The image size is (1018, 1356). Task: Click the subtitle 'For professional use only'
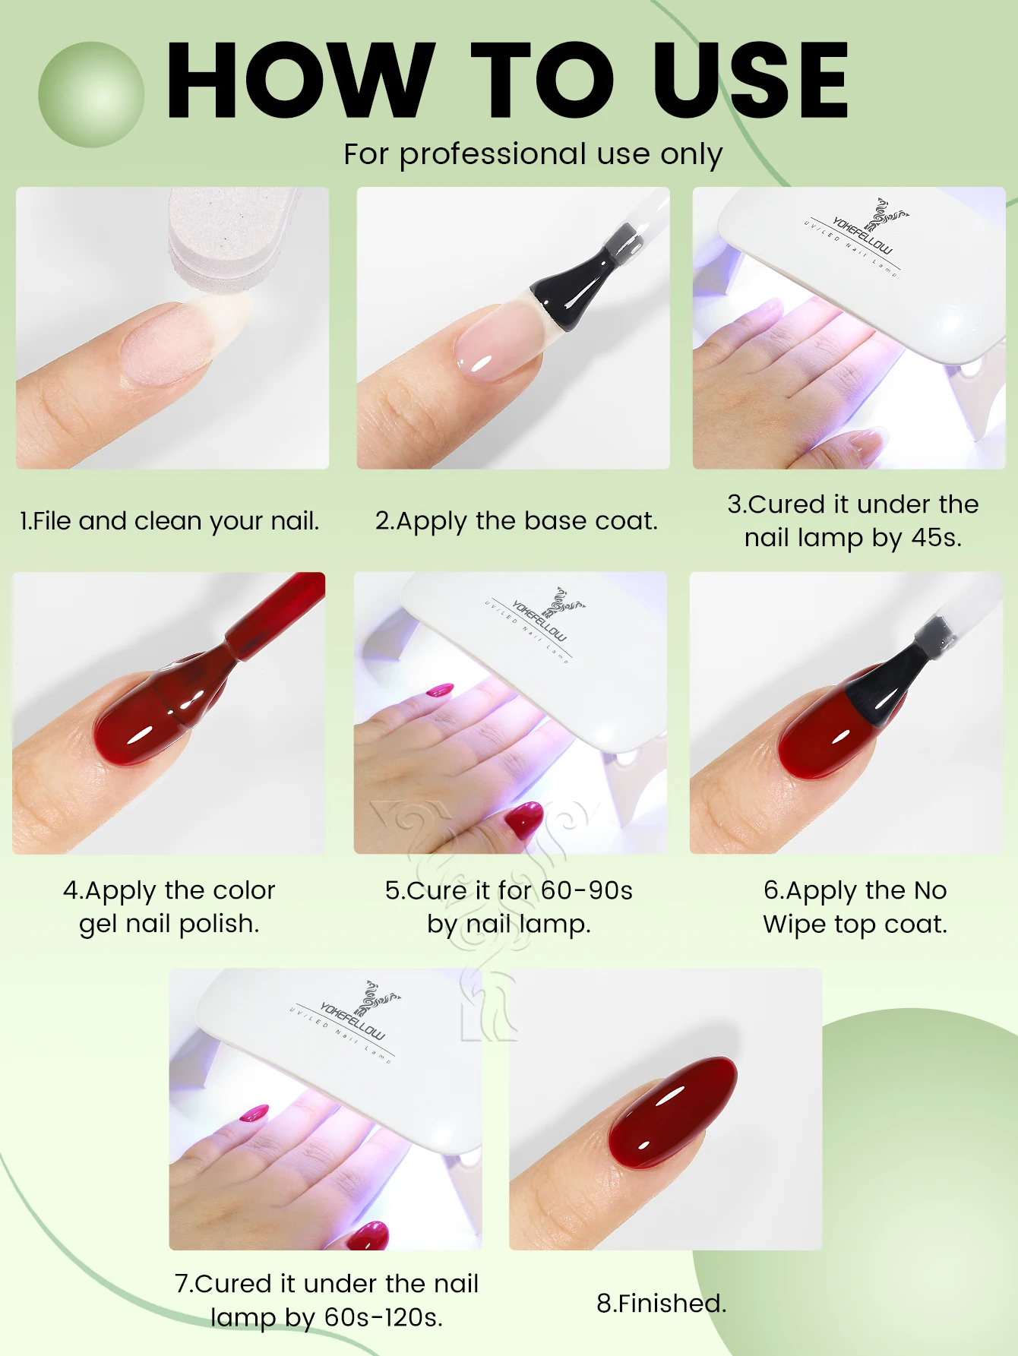[x=533, y=154]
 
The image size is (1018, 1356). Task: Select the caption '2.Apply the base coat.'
[x=517, y=521]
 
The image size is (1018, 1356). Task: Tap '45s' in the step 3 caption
[x=936, y=538]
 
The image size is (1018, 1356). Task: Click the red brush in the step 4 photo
[x=228, y=653]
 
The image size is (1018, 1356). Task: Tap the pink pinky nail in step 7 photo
[x=254, y=1114]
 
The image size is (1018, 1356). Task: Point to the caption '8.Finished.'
[x=662, y=1304]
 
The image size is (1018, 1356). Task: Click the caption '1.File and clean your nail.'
[x=169, y=521]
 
